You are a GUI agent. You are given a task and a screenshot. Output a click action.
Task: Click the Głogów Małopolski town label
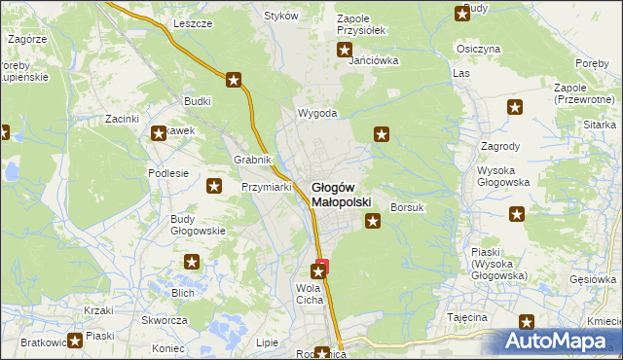tap(341, 195)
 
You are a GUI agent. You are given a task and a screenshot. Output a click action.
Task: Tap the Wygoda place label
tap(317, 113)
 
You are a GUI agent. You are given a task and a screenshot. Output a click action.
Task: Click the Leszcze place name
tap(193, 23)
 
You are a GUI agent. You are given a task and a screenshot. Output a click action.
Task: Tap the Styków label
tap(280, 16)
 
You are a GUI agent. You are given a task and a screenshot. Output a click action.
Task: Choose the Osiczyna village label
tap(478, 49)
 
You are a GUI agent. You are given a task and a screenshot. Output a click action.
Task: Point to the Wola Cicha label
tap(309, 294)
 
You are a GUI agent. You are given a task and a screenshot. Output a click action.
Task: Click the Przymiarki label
tap(267, 187)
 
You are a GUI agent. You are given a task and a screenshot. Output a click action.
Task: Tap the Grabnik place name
tap(252, 160)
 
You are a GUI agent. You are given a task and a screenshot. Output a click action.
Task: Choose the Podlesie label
tap(167, 173)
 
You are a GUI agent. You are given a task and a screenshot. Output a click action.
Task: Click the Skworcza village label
tap(164, 320)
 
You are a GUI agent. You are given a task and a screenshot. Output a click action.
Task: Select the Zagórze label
tap(27, 39)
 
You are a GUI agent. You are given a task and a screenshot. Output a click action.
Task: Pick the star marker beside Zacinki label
tap(157, 134)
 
